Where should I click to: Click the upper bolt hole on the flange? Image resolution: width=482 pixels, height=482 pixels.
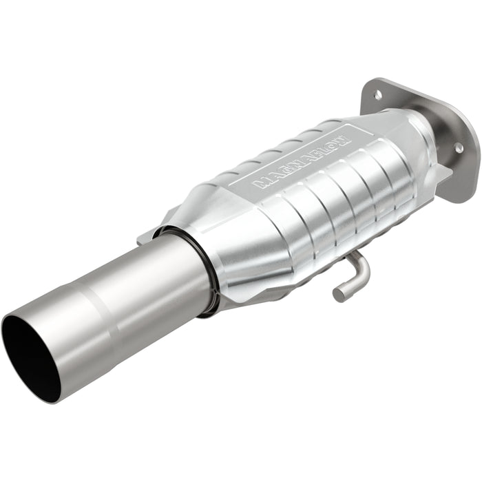[378, 94]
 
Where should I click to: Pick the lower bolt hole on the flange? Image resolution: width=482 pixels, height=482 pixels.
[457, 147]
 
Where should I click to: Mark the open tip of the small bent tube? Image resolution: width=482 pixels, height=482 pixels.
[337, 295]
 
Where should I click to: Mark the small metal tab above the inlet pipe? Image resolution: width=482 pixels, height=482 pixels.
[145, 238]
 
